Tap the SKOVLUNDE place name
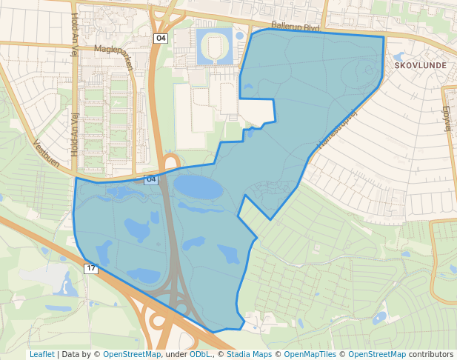421,65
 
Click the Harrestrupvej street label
338,127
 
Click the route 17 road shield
91,267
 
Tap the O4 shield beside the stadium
161,38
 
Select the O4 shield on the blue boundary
151,179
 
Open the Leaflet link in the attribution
41,354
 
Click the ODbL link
199,354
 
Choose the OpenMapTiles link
310,354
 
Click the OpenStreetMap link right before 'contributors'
377,354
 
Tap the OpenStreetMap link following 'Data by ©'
132,354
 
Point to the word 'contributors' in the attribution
430,354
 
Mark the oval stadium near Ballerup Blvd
214,47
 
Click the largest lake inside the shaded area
198,187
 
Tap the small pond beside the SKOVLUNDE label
400,56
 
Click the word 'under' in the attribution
176,354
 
